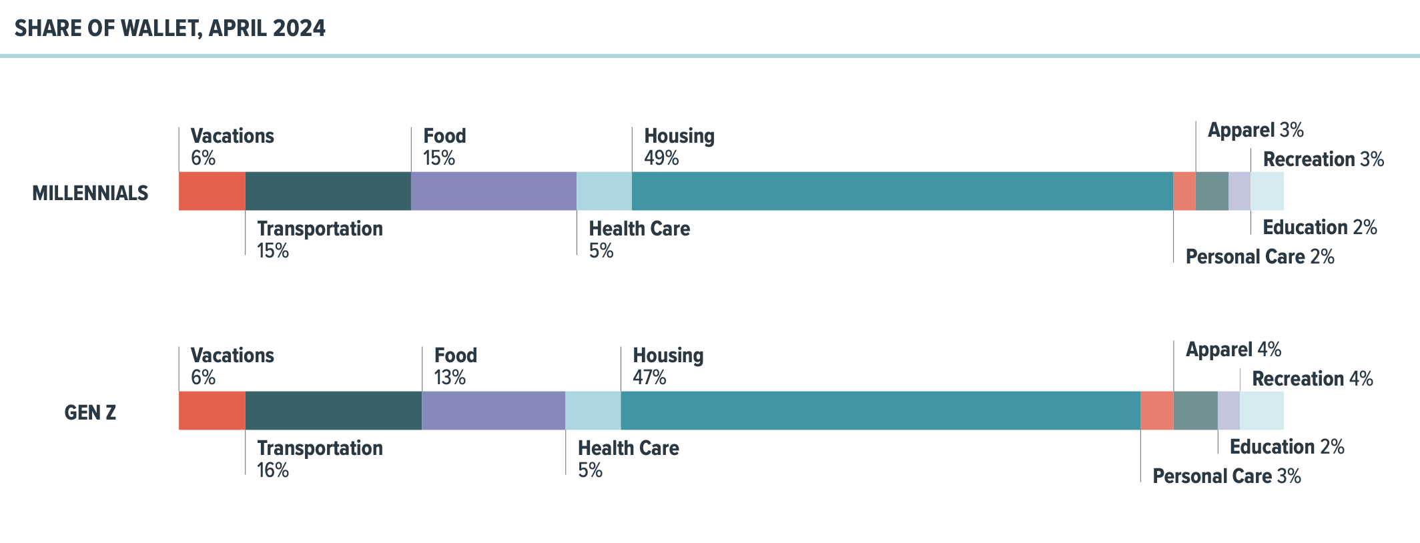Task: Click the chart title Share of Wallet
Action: tap(170, 28)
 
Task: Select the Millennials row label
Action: tap(90, 193)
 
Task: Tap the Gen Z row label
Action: tap(90, 412)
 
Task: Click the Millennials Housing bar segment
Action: tap(902, 191)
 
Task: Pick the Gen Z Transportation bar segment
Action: tap(333, 410)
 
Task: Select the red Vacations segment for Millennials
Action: tap(212, 191)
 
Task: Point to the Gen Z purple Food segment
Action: tap(493, 410)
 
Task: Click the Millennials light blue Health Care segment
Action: tap(604, 191)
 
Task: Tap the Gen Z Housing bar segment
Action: tap(880, 410)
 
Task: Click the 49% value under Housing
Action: tap(661, 158)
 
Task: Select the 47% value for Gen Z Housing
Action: tap(649, 378)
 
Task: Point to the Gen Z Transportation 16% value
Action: tap(273, 470)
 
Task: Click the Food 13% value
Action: tap(450, 378)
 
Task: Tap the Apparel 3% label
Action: tap(1255, 130)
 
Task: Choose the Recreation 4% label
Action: tap(1312, 379)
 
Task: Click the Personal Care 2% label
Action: tap(1259, 257)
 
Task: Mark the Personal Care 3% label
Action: tap(1226, 476)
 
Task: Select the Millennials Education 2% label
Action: tap(1319, 227)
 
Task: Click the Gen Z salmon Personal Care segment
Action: tap(1156, 410)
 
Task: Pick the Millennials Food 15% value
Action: tap(438, 158)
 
